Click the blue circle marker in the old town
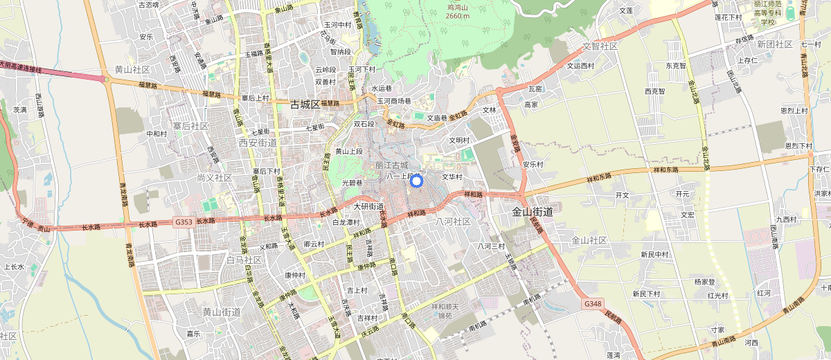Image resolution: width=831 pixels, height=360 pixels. coord(416,181)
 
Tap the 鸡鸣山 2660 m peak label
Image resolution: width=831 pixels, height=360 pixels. coord(458,11)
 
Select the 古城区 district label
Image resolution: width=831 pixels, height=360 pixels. coord(305,105)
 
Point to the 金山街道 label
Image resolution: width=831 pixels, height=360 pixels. coord(533,212)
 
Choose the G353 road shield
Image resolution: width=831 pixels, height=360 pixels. coord(184,222)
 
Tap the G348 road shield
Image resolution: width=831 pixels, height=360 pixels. coord(592,304)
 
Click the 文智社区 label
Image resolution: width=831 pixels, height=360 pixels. coord(600,46)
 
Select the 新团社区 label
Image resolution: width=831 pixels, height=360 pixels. coord(774,44)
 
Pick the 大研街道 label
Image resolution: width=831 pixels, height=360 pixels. coord(368,206)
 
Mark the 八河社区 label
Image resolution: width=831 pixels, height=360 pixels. coord(453,222)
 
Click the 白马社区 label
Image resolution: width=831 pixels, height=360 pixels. coord(244,260)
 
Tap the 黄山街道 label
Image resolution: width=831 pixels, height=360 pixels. coord(222,312)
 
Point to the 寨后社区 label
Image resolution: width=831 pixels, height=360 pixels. coord(190,126)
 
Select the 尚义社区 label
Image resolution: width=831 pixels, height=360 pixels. coord(214,178)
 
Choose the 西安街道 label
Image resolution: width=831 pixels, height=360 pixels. coord(257,143)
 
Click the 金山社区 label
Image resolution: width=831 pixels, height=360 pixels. coord(589,240)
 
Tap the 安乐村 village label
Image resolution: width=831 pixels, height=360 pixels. coord(533,165)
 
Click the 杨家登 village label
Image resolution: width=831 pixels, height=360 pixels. coord(704,282)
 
